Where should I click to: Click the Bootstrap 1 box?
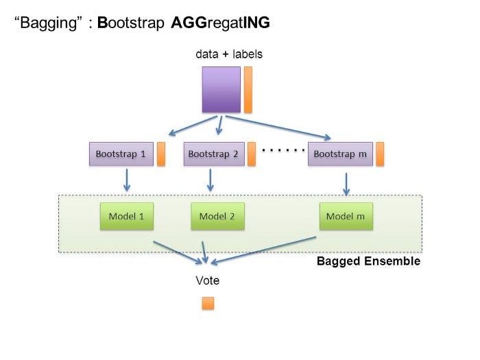pos(120,154)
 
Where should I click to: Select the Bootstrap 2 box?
pos(213,154)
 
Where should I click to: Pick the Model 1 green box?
pos(127,216)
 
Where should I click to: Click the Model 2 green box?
pos(217,216)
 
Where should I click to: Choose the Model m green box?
pos(346,216)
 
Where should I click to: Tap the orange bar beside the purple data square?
pos(248,89)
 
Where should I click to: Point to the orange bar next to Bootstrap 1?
pos(161,154)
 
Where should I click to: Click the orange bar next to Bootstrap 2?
pos(252,154)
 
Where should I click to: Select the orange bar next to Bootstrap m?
pos(379,154)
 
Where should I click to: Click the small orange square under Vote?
pos(208,303)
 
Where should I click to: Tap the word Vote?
pos(208,280)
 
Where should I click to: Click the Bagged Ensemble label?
pos(368,261)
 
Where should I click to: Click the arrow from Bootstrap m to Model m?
pos(346,183)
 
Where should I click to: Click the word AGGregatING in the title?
pos(220,23)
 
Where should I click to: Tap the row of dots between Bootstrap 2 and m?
pos(283,149)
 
